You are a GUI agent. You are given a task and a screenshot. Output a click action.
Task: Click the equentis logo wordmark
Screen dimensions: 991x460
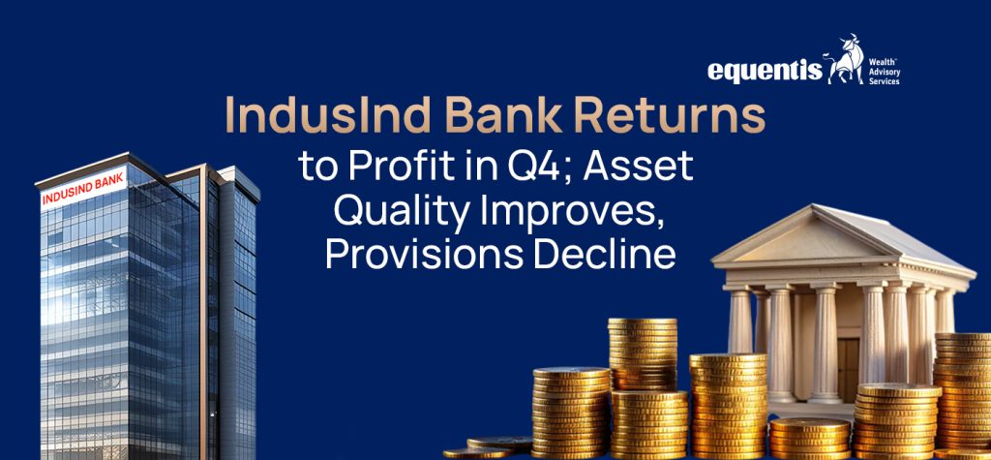pos(765,71)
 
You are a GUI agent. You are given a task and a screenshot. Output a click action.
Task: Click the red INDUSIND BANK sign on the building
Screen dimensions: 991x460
pos(83,187)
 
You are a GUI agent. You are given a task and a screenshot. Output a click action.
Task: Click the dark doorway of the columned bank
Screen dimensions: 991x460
pos(848,369)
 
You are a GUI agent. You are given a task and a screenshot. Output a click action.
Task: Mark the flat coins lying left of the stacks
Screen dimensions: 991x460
pos(487,447)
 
